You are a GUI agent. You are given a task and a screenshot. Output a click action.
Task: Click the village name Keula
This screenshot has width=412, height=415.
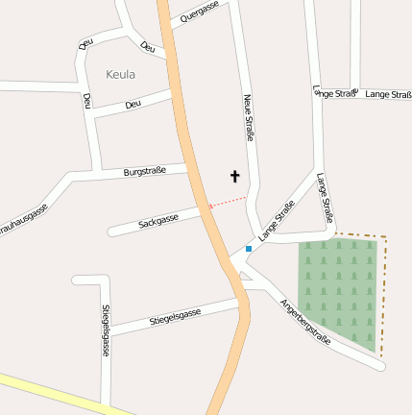pyautogui.click(x=120, y=74)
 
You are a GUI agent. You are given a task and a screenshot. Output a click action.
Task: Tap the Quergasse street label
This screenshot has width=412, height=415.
pyautogui.click(x=200, y=12)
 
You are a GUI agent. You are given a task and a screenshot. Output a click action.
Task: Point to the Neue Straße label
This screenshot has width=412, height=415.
pyautogui.click(x=249, y=117)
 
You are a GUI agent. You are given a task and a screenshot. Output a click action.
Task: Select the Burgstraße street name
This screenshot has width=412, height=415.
pyautogui.click(x=145, y=172)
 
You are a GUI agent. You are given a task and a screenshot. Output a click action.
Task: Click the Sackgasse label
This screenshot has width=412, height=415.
pyautogui.click(x=158, y=222)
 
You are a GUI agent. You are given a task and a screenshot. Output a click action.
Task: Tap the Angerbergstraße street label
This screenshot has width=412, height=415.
pyautogui.click(x=305, y=322)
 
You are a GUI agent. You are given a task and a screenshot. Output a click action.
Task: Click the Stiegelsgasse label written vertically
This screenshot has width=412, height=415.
pyautogui.click(x=105, y=330)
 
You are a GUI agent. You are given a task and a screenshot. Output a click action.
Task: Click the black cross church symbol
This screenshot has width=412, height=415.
pyautogui.click(x=234, y=176)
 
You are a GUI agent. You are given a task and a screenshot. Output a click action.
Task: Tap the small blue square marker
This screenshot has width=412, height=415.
pyautogui.click(x=249, y=249)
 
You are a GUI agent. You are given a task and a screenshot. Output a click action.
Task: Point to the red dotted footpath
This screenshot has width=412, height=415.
pyautogui.click(x=229, y=202)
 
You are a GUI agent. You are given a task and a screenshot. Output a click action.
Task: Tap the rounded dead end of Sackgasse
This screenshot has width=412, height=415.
pyautogui.click(x=112, y=231)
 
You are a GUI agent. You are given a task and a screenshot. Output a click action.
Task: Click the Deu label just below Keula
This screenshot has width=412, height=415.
pyautogui.click(x=133, y=104)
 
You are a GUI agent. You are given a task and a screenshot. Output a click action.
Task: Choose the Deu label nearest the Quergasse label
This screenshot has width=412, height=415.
pyautogui.click(x=147, y=47)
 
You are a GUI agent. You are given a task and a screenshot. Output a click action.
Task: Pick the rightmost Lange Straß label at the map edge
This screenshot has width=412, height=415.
pyautogui.click(x=388, y=94)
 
